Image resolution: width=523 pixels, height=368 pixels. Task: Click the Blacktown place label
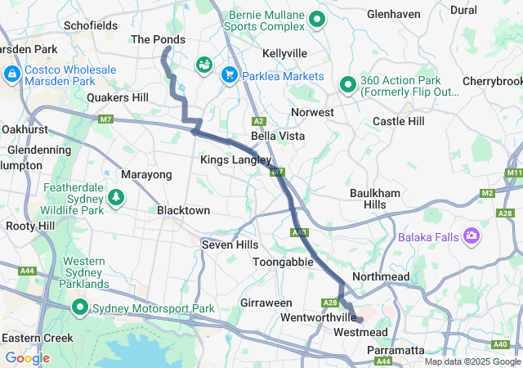(184, 210)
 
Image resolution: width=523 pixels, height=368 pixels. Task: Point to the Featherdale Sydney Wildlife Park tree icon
(117, 197)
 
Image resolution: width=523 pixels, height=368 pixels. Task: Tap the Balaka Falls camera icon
(471, 237)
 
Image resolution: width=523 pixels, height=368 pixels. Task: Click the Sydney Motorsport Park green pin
(79, 308)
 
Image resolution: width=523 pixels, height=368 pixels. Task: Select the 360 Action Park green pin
(347, 83)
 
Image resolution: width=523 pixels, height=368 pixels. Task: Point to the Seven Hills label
(230, 245)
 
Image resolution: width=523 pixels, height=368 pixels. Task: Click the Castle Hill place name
(398, 121)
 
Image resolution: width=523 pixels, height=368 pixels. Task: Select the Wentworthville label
(318, 316)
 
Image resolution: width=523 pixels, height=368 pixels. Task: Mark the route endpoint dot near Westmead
(360, 320)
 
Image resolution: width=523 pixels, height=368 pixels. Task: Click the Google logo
(27, 358)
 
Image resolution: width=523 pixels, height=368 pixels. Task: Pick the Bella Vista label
(278, 136)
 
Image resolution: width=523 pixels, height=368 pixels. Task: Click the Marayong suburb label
(146, 174)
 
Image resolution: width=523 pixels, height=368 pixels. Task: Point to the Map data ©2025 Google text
(472, 361)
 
